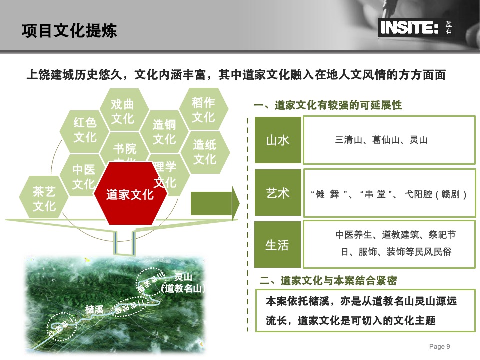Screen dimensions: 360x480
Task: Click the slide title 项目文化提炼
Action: (x=69, y=31)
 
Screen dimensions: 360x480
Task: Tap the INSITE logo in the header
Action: (x=410, y=28)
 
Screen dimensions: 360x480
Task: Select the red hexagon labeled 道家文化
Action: (x=130, y=194)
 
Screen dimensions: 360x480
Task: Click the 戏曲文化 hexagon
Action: (x=123, y=111)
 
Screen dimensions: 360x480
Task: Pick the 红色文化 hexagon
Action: (x=85, y=130)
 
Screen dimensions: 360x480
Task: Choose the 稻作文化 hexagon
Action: (x=203, y=110)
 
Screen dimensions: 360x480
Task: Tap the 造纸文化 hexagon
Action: (x=204, y=152)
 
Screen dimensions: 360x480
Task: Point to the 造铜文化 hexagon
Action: (x=164, y=132)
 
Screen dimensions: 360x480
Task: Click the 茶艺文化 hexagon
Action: (x=44, y=199)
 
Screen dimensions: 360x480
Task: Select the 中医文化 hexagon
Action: (x=83, y=177)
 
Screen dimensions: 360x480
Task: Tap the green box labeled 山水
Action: (x=278, y=140)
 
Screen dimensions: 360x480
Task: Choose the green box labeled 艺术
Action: (x=278, y=193)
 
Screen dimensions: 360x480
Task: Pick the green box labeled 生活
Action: (x=278, y=245)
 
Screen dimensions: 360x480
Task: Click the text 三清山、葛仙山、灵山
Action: (x=381, y=140)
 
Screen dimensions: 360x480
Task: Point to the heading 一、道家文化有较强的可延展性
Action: (x=328, y=105)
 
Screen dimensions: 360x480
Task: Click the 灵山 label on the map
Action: (x=183, y=277)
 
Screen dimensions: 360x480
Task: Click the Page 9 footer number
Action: (x=440, y=347)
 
